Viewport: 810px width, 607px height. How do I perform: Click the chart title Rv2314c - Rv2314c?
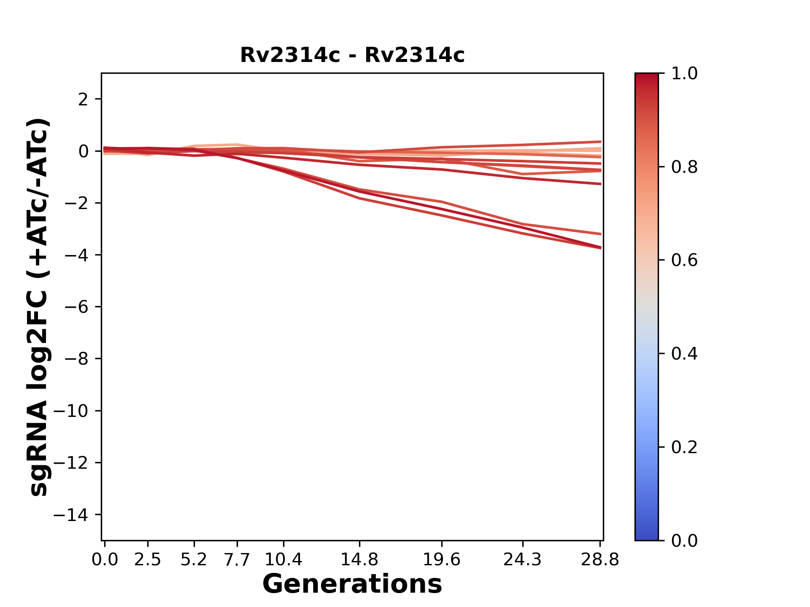[x=352, y=55]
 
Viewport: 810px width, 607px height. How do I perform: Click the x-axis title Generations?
[x=352, y=584]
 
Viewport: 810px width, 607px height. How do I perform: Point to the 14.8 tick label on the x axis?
[x=359, y=560]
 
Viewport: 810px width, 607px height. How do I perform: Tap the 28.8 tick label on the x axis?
[x=600, y=560]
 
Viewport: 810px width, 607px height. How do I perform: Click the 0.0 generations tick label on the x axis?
[x=105, y=560]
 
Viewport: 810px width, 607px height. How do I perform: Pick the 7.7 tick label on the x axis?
[x=237, y=560]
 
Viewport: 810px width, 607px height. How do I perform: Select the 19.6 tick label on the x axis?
[x=441, y=560]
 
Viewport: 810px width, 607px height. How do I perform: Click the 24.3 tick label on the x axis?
[x=523, y=560]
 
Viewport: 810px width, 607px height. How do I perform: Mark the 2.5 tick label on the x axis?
[x=148, y=560]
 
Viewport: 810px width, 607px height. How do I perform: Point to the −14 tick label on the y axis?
[x=70, y=515]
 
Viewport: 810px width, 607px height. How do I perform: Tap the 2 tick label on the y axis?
[x=83, y=99]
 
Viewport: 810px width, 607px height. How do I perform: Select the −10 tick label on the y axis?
[x=70, y=411]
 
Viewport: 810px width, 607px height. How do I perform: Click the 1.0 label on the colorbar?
[x=684, y=74]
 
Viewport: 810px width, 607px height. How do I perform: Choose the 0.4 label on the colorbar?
[x=684, y=354]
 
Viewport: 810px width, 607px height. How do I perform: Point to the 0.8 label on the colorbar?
[x=684, y=167]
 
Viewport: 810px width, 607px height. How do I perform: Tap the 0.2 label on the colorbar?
[x=684, y=447]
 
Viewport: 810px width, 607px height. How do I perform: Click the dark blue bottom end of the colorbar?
[x=646, y=535]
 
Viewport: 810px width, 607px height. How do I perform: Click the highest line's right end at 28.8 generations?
[x=600, y=142]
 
